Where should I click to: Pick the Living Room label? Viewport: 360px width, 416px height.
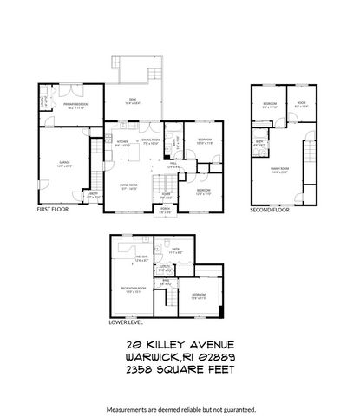[x=130, y=185]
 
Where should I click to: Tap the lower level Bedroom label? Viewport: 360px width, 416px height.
[x=200, y=296]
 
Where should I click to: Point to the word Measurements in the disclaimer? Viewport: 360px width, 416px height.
[x=131, y=408]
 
